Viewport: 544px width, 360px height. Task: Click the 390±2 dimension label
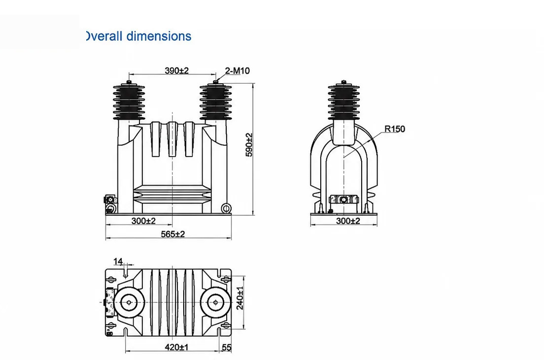176,71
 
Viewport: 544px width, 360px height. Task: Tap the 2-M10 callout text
238,71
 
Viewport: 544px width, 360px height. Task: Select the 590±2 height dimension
249,145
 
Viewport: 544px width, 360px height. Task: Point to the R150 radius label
395,129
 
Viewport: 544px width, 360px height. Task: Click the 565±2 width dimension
173,234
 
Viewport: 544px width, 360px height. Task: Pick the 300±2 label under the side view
348,221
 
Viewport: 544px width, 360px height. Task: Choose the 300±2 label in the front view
143,221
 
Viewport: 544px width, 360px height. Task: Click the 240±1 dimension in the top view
240,297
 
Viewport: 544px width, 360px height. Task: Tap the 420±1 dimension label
176,347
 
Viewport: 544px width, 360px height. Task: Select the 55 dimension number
226,347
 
